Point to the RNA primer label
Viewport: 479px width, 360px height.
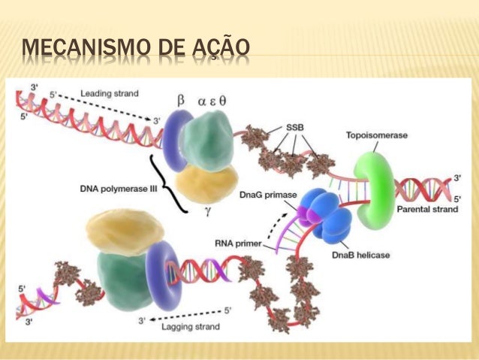point(241,243)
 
